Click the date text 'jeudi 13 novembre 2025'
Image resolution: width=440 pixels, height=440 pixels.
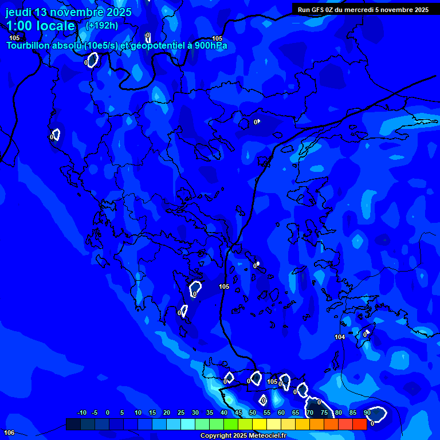(68, 12)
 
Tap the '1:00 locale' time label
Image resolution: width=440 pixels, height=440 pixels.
(41, 26)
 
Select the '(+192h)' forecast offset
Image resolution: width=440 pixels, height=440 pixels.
(103, 25)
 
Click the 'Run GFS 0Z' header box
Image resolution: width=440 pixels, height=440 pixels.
(363, 9)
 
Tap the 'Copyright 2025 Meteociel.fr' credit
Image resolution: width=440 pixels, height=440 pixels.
(242, 436)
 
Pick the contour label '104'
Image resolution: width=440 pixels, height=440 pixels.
(340, 337)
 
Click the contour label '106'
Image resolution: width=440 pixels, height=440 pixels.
(9, 432)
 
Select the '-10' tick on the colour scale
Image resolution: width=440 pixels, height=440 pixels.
(81, 413)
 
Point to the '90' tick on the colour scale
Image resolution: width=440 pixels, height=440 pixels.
(367, 413)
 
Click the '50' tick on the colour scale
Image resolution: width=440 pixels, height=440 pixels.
(253, 413)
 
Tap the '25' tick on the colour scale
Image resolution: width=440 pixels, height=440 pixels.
(181, 413)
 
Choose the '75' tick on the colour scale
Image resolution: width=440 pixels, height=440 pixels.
(324, 413)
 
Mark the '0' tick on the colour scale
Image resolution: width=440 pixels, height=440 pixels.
(108, 413)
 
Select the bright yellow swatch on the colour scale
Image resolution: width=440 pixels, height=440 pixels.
(259, 425)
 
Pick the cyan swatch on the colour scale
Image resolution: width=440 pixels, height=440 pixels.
(187, 425)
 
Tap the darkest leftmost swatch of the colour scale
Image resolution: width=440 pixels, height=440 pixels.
(73, 425)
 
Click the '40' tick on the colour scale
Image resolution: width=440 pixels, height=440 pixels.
(224, 413)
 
